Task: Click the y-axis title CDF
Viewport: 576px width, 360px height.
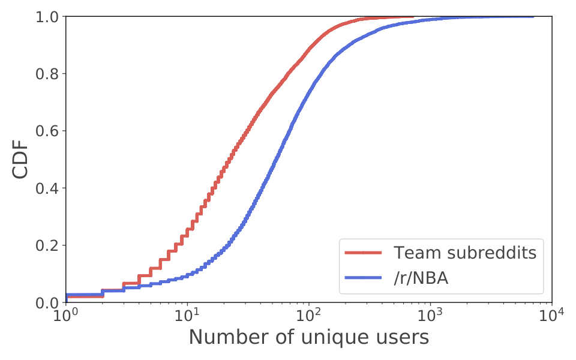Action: [x=20, y=159]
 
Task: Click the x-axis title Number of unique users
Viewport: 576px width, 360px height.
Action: [x=309, y=337]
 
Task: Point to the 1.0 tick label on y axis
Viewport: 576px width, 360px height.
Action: [x=46, y=17]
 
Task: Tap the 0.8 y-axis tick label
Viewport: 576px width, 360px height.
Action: [x=46, y=74]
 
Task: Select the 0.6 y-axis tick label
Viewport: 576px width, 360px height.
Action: [x=46, y=131]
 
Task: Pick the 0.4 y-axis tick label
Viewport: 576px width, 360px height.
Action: [x=46, y=188]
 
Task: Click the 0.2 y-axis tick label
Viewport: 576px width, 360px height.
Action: [x=46, y=245]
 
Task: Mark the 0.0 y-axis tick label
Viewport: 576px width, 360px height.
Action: [x=46, y=302]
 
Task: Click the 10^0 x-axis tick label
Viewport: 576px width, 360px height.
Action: [x=66, y=315]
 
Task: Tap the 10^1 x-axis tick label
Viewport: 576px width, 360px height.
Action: [x=188, y=315]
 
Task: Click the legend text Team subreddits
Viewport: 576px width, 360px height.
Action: [x=465, y=253]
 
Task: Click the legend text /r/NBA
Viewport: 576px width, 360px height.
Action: [x=421, y=278]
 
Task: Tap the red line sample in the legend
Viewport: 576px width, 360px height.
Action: [x=364, y=253]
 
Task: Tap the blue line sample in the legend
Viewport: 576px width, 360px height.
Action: [x=364, y=278]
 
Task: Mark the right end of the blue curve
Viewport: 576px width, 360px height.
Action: [x=533, y=17]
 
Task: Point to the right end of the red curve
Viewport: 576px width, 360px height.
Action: [x=413, y=17]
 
